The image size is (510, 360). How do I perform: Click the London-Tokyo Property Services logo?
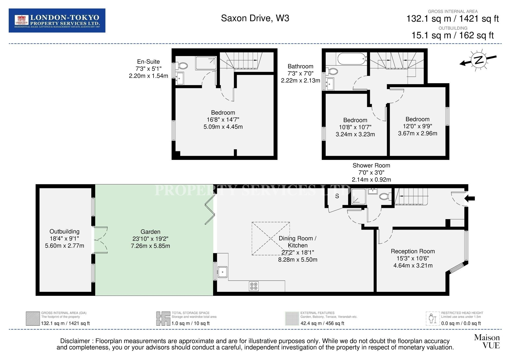tap(57, 21)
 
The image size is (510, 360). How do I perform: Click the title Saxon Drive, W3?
tap(255, 18)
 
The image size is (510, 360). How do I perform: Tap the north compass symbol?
tap(478, 60)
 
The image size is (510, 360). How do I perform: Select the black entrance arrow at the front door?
tap(470, 199)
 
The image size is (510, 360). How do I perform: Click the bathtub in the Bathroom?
tap(352, 58)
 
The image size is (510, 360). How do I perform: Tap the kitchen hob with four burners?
tap(254, 286)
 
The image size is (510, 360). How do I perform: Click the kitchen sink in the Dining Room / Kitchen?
tap(223, 272)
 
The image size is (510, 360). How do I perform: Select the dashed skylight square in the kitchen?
tap(271, 238)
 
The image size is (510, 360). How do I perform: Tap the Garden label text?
tap(150, 232)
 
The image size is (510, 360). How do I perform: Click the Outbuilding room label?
tap(64, 232)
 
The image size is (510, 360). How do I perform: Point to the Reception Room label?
tap(413, 251)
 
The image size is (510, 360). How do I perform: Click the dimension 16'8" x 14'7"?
tap(223, 120)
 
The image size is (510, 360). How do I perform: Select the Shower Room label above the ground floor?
tap(371, 166)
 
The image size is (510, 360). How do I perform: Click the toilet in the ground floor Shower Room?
tap(385, 197)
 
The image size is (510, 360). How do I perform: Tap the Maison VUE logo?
tap(487, 341)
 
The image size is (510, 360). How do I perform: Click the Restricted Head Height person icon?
tap(432, 319)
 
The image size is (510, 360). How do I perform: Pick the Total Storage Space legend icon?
tap(163, 319)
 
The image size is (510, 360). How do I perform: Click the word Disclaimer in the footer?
tap(75, 341)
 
